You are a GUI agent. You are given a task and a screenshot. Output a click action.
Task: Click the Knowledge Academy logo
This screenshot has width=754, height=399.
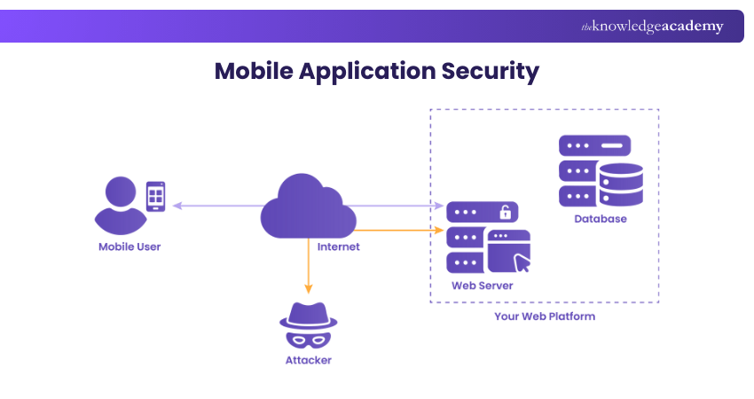[652, 27]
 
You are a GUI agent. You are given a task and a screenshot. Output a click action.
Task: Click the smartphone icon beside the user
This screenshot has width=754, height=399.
[155, 196]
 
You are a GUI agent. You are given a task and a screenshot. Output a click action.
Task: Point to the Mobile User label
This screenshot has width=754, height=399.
[130, 246]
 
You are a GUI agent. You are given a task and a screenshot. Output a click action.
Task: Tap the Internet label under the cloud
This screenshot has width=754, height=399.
[338, 246]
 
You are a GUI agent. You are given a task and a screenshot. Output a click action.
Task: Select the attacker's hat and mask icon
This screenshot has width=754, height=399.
[309, 324]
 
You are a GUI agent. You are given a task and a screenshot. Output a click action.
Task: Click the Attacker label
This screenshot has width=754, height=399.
[309, 360]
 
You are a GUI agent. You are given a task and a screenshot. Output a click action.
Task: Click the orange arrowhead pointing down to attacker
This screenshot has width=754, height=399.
[309, 287]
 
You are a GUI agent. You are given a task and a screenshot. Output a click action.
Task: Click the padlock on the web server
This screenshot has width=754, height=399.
[505, 212]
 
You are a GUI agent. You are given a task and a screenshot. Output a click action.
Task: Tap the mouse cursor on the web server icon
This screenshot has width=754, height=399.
[523, 262]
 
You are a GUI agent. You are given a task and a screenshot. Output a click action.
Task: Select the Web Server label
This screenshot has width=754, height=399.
[482, 286]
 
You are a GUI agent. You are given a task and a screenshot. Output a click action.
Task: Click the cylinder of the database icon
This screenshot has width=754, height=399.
[621, 184]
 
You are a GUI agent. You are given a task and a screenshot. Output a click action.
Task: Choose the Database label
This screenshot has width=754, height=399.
[601, 219]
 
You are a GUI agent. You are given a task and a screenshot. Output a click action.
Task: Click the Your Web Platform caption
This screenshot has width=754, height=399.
[545, 317]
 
